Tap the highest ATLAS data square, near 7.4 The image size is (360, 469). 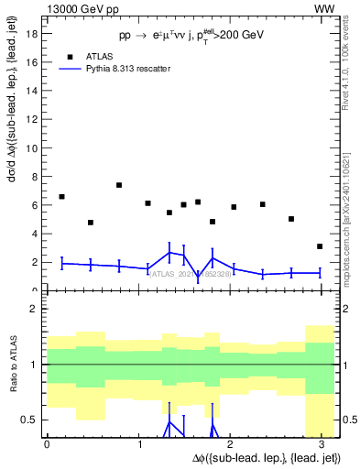[119, 185]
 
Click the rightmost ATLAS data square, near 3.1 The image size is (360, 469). [320, 246]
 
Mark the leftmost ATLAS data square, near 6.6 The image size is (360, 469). [61, 197]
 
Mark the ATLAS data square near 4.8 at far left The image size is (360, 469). [91, 223]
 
